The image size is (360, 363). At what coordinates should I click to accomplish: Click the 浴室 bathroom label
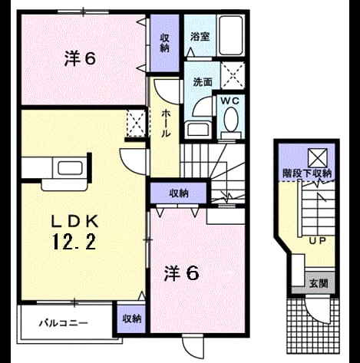click(200, 37)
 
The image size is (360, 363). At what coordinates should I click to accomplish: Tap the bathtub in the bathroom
click(230, 35)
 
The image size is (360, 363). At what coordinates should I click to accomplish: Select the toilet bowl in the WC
click(231, 120)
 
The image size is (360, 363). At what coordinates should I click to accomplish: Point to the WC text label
click(230, 101)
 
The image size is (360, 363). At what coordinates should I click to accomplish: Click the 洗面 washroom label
click(203, 82)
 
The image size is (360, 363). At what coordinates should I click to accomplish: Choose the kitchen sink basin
click(70, 168)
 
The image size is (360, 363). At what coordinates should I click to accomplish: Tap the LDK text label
click(75, 221)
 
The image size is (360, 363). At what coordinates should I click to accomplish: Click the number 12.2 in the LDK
click(74, 242)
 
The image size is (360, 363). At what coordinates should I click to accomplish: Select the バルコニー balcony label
click(63, 323)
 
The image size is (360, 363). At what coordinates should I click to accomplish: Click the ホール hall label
click(165, 123)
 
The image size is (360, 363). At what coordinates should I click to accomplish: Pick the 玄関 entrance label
click(319, 283)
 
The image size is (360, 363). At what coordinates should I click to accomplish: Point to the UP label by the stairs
click(317, 240)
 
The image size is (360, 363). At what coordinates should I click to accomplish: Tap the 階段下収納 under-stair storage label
click(307, 173)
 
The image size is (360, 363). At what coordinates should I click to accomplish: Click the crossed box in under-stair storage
click(318, 158)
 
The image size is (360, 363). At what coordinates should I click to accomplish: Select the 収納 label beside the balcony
click(131, 318)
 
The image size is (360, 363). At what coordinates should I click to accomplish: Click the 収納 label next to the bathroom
click(164, 43)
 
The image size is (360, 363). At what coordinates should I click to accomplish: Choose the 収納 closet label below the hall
click(179, 193)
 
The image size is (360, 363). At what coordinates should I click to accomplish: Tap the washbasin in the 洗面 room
click(199, 130)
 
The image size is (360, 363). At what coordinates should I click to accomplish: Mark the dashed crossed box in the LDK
click(137, 124)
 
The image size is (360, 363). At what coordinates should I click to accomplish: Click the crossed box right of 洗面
click(233, 75)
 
